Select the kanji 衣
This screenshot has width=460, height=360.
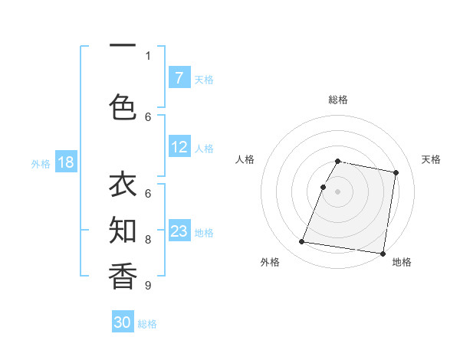[x=123, y=186]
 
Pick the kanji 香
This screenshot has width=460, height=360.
[x=123, y=275]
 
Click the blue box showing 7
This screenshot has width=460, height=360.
[x=179, y=77]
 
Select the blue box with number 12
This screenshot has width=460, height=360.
[x=179, y=147]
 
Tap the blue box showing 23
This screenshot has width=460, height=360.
[x=179, y=231]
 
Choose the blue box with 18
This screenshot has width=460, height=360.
[x=65, y=162]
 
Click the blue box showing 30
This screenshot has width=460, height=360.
[x=123, y=322]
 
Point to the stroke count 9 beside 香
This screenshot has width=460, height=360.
[x=147, y=286]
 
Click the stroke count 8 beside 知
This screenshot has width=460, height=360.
[x=148, y=240]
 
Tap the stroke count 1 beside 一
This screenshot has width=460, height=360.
[x=148, y=55]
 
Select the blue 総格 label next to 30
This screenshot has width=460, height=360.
[x=147, y=324]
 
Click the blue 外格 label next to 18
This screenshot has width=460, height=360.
[x=40, y=163]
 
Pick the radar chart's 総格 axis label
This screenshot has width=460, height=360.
[x=338, y=100]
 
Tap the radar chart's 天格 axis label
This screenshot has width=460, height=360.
[x=431, y=159]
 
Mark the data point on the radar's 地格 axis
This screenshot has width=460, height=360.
[x=383, y=253]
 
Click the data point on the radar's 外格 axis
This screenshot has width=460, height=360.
[x=302, y=242]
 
